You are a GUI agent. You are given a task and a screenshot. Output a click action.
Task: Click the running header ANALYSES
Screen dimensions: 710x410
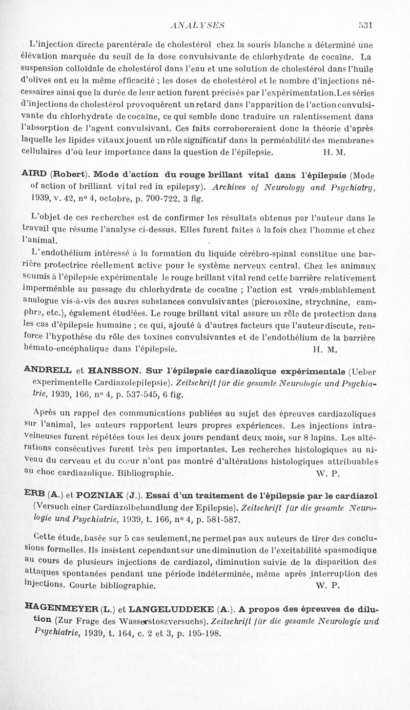click(x=200, y=24)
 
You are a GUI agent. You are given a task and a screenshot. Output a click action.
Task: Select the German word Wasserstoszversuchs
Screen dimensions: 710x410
click(x=162, y=622)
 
